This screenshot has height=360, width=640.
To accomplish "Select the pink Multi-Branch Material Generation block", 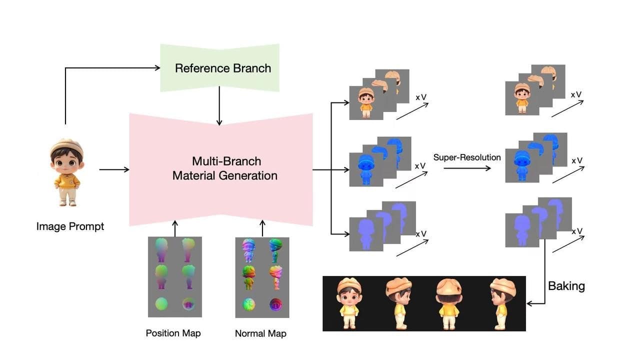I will [x=221, y=169].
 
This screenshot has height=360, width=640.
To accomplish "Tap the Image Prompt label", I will [x=70, y=226].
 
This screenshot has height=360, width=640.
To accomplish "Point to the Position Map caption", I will [x=173, y=333].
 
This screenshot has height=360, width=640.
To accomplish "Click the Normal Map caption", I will [x=260, y=333].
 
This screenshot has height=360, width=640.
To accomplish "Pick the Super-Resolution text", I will [x=467, y=157].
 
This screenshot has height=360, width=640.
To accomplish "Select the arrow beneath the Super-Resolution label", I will [x=467, y=168].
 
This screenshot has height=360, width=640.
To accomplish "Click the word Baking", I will [x=566, y=286].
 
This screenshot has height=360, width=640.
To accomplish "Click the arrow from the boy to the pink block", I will [x=114, y=169].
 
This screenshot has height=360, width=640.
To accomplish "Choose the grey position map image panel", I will [x=174, y=276].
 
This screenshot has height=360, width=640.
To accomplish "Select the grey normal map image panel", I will [x=262, y=277].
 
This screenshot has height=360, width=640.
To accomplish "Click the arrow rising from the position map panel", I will [x=175, y=227].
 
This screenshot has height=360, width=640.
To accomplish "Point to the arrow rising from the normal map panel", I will [x=262, y=227].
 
